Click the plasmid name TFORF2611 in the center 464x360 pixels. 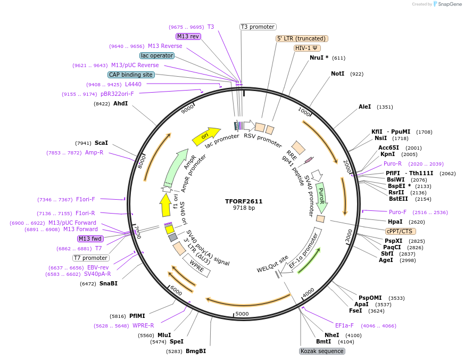point(244,201)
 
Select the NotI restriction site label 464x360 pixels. point(337,74)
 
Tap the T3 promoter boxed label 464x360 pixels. point(258,27)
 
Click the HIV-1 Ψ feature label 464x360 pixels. point(307,48)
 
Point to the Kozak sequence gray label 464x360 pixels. point(322,351)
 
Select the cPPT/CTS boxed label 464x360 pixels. point(401,231)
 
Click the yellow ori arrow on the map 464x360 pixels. point(206,136)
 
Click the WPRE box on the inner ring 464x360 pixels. point(197,265)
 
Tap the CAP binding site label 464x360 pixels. point(131,75)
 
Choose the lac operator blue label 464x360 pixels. point(157,55)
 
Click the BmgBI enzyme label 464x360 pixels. point(196,351)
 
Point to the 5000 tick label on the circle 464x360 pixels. point(242,314)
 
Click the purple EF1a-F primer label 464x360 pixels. point(344,325)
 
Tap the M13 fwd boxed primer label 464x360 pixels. point(90,239)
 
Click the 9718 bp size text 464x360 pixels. point(244,208)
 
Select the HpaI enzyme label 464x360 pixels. point(395,222)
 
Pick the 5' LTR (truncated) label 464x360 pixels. point(302,38)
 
